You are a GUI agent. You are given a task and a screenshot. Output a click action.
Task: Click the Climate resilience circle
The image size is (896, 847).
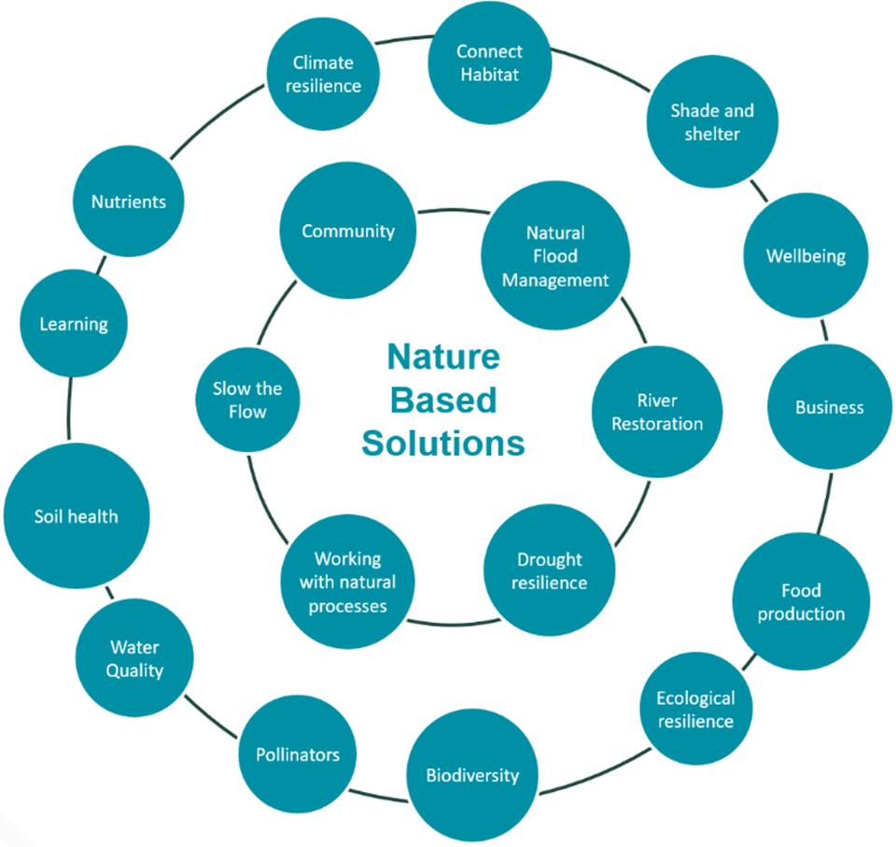[x=323, y=75]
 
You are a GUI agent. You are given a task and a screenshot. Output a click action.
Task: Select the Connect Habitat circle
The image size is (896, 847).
[x=490, y=63]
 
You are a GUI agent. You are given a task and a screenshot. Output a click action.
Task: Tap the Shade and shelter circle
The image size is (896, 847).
[x=712, y=122]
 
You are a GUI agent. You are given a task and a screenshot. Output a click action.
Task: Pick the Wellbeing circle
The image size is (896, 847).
[x=805, y=256]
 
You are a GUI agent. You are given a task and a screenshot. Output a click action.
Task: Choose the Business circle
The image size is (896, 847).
[x=829, y=407]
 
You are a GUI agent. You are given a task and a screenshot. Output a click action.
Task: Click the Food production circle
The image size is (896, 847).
[x=801, y=602]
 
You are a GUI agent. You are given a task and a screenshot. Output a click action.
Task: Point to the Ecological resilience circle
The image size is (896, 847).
[x=695, y=710]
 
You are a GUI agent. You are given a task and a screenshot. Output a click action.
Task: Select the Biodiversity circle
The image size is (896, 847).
[x=472, y=775]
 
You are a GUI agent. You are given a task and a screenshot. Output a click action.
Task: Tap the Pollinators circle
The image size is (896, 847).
[x=298, y=755]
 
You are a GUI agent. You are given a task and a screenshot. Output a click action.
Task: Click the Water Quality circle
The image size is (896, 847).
[x=134, y=658]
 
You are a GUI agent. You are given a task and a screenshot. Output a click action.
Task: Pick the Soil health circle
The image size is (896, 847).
[x=77, y=516]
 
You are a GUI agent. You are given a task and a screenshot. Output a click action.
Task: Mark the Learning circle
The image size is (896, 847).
[x=74, y=324]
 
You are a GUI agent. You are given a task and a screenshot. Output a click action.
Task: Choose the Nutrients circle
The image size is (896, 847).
[x=129, y=202]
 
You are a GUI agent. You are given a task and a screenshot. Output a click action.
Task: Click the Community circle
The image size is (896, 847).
[x=348, y=232]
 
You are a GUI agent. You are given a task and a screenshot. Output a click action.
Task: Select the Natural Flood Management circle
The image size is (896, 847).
[x=555, y=256]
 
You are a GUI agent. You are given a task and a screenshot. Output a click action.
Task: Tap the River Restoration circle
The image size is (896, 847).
[x=657, y=412]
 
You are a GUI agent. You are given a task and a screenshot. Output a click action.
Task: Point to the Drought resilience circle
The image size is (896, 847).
[x=550, y=571]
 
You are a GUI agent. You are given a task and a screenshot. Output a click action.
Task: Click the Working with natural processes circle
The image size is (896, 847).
[x=348, y=582]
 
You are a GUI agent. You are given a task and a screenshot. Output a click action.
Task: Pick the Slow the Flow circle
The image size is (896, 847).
[x=247, y=400]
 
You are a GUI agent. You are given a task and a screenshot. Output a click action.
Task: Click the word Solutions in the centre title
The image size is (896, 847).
[x=443, y=443]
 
